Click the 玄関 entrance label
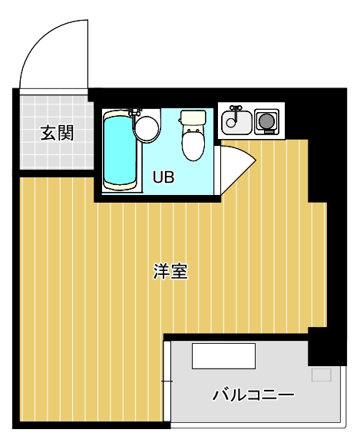[57, 133]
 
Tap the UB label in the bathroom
[163, 177]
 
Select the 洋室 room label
[170, 271]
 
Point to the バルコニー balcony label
[253, 395]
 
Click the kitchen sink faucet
[236, 109]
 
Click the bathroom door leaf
[236, 165]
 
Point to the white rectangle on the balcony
[223, 355]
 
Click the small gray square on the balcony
[321, 375]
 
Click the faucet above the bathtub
[135, 112]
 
